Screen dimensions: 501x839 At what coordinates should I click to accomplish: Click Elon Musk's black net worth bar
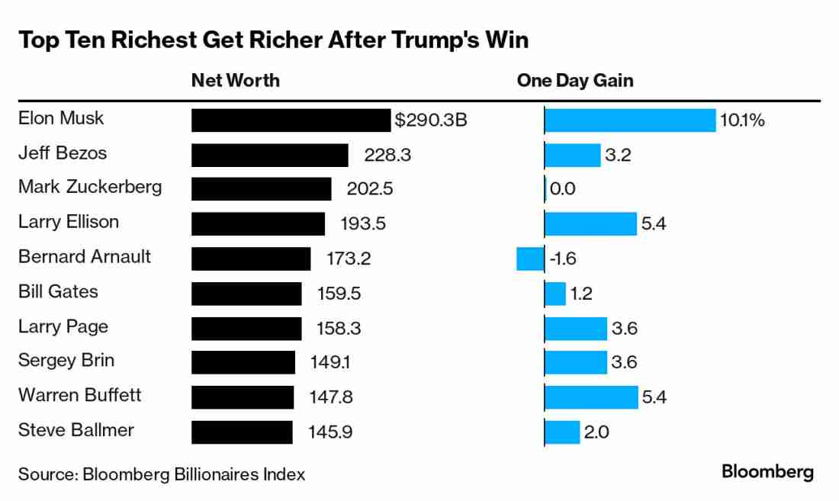[x=291, y=120]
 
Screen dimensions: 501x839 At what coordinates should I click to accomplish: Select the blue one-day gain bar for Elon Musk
[x=630, y=120]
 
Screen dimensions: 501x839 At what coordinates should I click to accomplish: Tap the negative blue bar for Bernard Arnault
[x=530, y=259]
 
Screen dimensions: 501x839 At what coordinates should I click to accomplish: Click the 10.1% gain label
[x=742, y=120]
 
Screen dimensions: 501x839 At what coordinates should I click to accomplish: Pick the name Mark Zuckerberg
[x=90, y=187]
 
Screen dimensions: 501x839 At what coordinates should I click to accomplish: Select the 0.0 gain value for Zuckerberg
[x=562, y=189]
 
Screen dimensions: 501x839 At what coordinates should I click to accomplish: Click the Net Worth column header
[x=235, y=80]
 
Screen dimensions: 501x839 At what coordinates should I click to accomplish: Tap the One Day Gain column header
[x=575, y=80]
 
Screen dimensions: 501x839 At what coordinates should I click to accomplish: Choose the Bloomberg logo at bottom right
[x=767, y=472]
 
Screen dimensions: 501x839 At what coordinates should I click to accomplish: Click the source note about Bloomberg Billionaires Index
[x=162, y=474]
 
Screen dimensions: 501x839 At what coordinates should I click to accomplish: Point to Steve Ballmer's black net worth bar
[x=242, y=432]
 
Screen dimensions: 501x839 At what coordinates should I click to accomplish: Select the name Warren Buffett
[x=80, y=395]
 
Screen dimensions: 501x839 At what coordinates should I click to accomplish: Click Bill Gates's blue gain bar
[x=555, y=293]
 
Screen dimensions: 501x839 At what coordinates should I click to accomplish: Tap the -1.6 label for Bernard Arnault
[x=562, y=259]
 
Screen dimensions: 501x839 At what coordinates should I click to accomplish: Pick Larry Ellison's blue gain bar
[x=590, y=224]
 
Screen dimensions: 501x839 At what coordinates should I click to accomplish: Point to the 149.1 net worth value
[x=330, y=362]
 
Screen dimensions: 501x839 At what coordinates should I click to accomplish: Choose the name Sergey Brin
[x=66, y=361]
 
